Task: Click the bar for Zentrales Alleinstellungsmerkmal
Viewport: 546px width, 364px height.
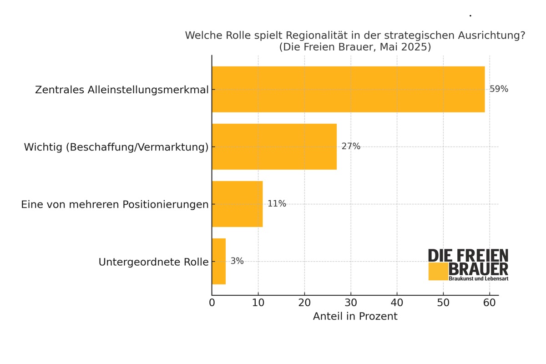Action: pyautogui.click(x=348, y=89)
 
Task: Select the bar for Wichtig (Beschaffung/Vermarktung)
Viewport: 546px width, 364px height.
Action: pyautogui.click(x=274, y=147)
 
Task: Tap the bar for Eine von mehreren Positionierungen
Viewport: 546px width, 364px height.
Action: pyautogui.click(x=237, y=204)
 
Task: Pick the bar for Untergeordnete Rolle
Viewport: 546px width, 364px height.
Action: pyautogui.click(x=219, y=261)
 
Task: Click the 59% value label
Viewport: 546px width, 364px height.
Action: pyautogui.click(x=499, y=89)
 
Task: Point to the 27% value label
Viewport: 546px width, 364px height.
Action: pyautogui.click(x=351, y=147)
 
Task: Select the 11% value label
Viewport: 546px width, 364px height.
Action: pyautogui.click(x=277, y=204)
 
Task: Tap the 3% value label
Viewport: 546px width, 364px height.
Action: pyautogui.click(x=237, y=261)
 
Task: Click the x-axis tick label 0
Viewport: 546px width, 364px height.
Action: pyautogui.click(x=212, y=303)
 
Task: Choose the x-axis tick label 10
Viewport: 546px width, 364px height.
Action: pyautogui.click(x=258, y=303)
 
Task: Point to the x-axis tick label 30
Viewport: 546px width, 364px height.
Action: pyautogui.click(x=351, y=303)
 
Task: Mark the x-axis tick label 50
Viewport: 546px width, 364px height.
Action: pyautogui.click(x=443, y=303)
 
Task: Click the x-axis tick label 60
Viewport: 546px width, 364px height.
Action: pyautogui.click(x=490, y=303)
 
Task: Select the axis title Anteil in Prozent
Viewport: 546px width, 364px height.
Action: pyautogui.click(x=355, y=316)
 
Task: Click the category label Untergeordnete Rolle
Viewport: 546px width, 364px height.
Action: pyautogui.click(x=153, y=262)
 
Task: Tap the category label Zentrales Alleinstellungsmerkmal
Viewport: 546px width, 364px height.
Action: pyautogui.click(x=121, y=90)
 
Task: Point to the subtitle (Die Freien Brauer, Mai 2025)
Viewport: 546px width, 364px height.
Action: pyautogui.click(x=355, y=47)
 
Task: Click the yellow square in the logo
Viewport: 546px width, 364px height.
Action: pyautogui.click(x=438, y=272)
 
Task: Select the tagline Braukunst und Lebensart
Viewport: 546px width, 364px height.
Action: pyautogui.click(x=478, y=278)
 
